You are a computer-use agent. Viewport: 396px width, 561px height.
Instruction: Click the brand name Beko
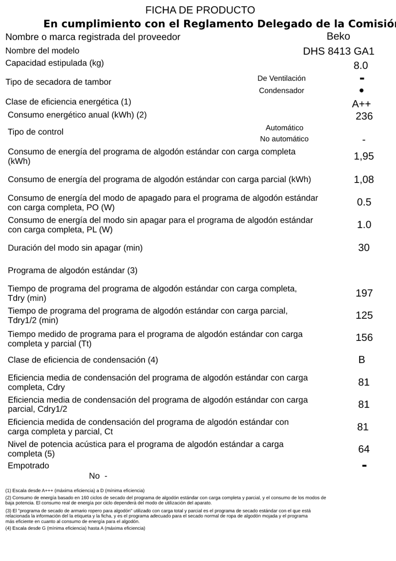(x=338, y=36)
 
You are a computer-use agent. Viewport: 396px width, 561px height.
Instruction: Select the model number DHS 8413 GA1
(x=338, y=51)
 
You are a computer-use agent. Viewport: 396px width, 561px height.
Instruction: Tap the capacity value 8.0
(x=360, y=66)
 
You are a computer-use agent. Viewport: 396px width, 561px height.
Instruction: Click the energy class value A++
(x=361, y=104)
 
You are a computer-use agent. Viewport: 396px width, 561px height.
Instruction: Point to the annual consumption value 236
(x=364, y=116)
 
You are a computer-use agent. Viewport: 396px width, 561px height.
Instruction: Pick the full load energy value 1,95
(x=364, y=156)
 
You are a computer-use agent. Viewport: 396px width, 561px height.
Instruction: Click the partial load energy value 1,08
(x=364, y=180)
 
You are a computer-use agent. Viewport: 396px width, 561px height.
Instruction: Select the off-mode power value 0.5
(x=364, y=202)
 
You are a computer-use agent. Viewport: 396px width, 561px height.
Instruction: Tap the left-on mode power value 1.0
(x=364, y=225)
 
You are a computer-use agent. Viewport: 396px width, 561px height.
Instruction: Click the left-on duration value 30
(x=364, y=248)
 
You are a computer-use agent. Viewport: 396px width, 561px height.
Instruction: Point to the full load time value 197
(x=364, y=293)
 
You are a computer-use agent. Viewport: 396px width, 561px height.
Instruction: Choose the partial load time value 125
(x=364, y=315)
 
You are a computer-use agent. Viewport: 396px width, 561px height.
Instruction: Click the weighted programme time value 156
(x=364, y=338)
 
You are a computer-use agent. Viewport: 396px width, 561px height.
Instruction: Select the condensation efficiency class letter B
(x=362, y=360)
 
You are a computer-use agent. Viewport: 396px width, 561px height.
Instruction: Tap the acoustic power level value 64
(x=364, y=449)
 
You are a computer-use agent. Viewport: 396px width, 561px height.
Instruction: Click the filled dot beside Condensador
(x=361, y=90)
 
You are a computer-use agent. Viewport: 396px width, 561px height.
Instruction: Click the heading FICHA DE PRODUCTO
(x=200, y=10)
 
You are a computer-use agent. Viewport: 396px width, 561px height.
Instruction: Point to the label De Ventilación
(x=282, y=78)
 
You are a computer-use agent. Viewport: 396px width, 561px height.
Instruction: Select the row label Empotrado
(x=28, y=465)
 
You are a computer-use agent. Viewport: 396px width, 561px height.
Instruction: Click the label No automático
(x=284, y=139)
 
